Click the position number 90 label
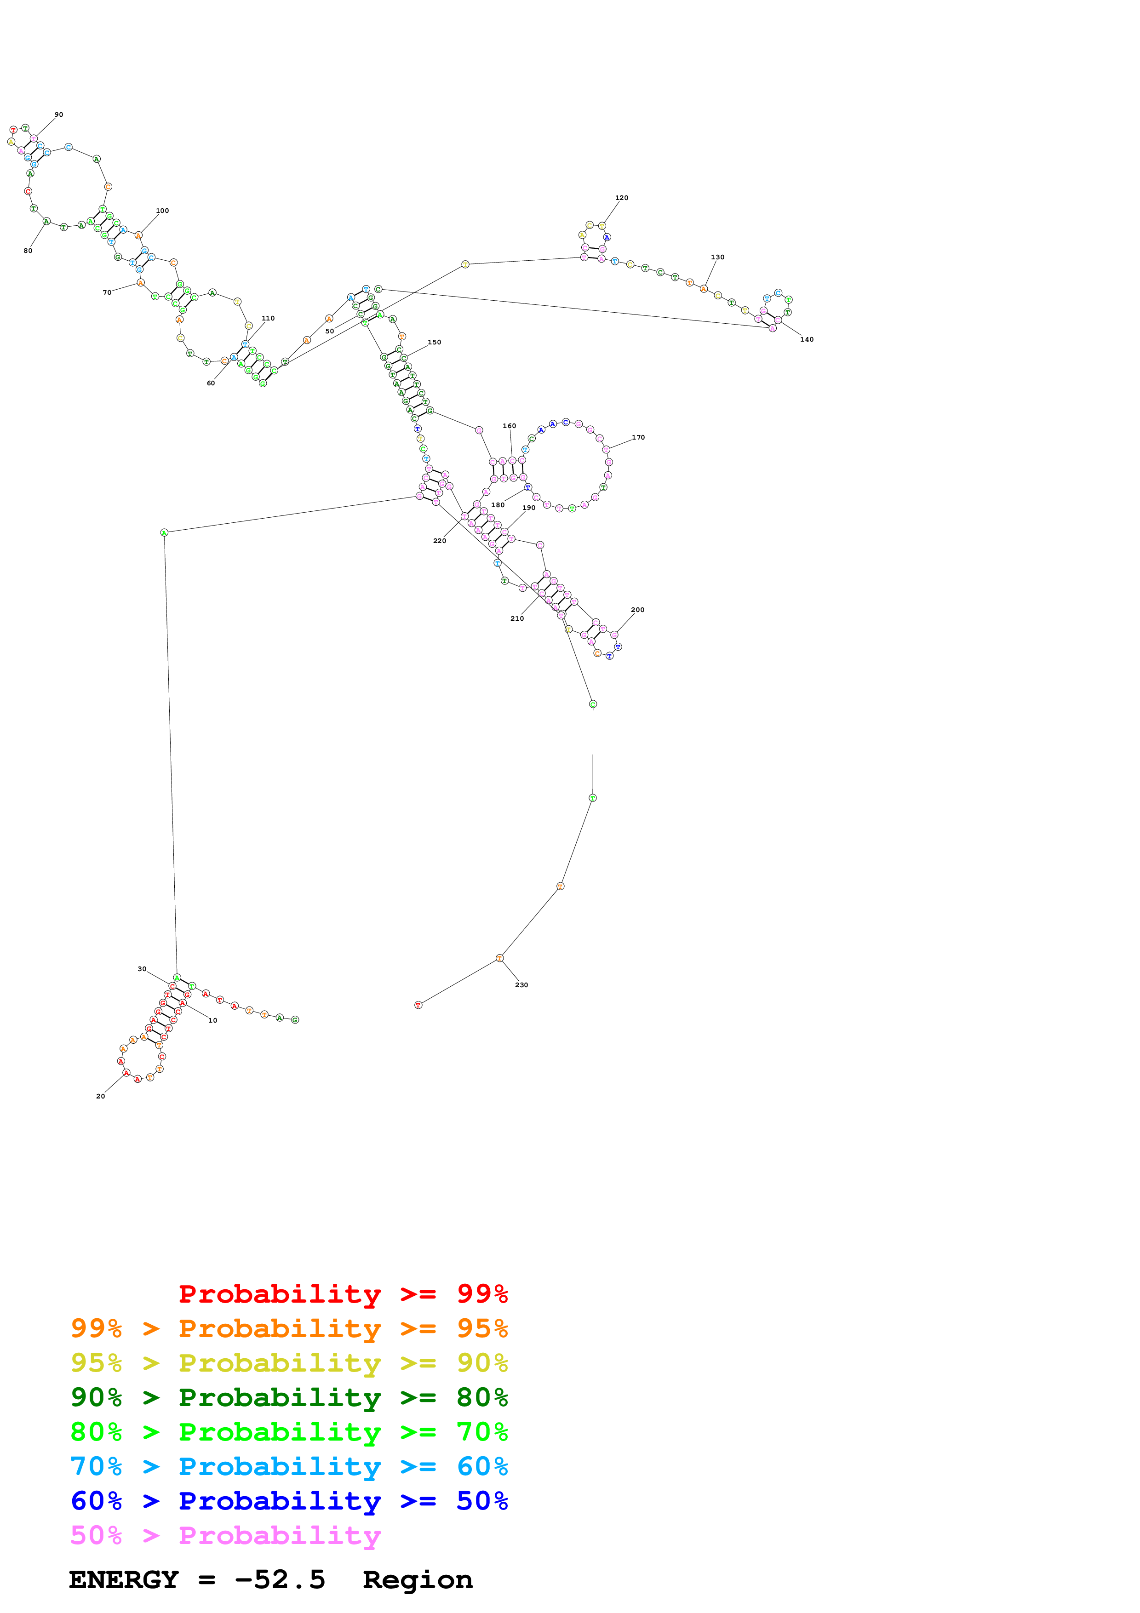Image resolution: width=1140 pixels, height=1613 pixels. tap(59, 114)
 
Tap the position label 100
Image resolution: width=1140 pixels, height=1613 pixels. tap(162, 211)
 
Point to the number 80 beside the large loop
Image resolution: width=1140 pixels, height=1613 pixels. tap(28, 251)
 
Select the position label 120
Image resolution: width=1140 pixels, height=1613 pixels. tap(622, 198)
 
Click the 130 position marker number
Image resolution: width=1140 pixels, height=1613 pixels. tap(717, 257)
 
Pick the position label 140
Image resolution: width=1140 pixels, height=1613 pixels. tap(806, 339)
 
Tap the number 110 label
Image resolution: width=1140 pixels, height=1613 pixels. tap(268, 318)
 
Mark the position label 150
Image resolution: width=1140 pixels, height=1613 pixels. tap(435, 342)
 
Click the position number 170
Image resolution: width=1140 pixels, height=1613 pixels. tap(638, 438)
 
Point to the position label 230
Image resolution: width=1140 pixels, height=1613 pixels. tap(521, 985)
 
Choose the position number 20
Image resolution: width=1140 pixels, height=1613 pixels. tap(100, 1096)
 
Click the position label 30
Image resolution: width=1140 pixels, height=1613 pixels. tap(142, 969)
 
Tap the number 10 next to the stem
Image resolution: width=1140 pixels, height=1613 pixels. tap(213, 1020)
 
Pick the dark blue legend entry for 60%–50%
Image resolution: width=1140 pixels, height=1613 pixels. tap(289, 1501)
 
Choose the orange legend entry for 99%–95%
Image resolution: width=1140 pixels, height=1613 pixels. tap(289, 1328)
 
